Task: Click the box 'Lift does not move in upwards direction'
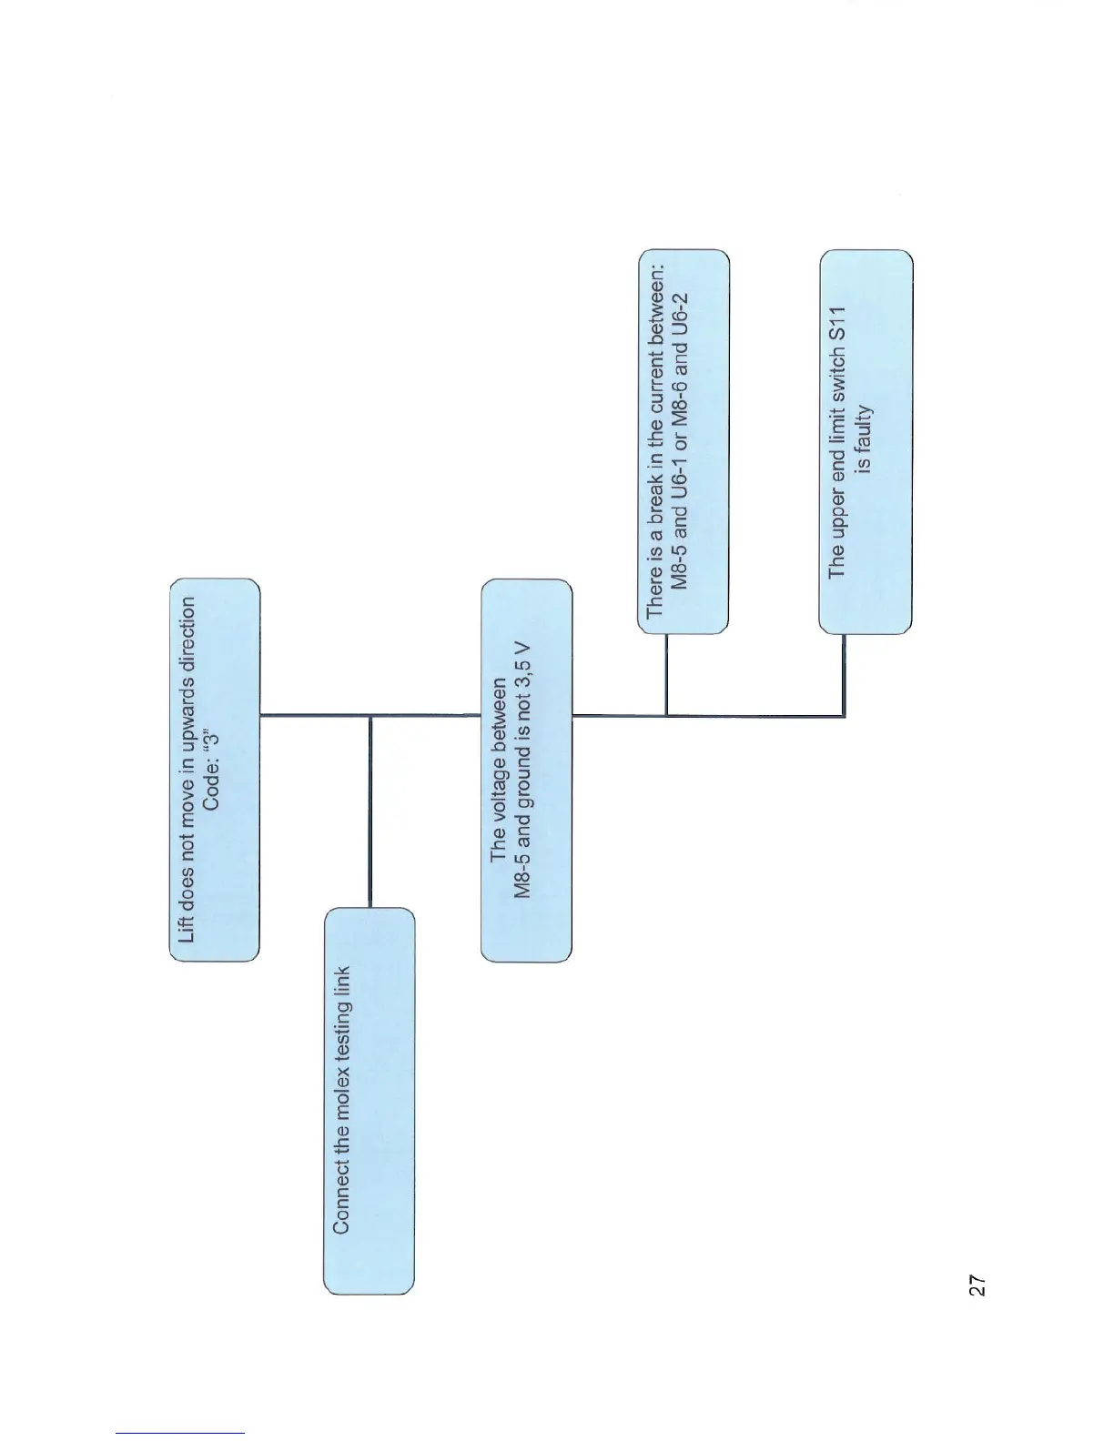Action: [x=215, y=769]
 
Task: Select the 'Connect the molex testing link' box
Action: [x=369, y=1101]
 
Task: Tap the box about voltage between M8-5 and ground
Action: [x=526, y=769]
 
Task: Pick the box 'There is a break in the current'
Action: [x=682, y=440]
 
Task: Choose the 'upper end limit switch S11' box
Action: [x=866, y=440]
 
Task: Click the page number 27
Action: [x=977, y=1285]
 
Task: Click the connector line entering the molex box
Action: [x=370, y=810]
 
